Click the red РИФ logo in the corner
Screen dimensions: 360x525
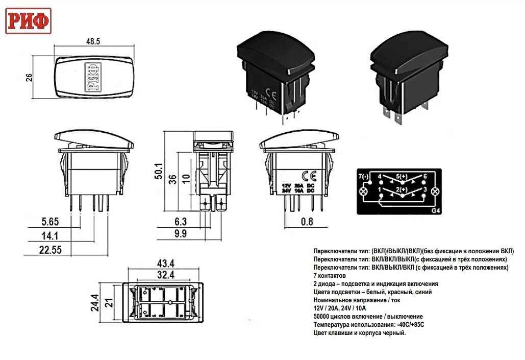point(29,21)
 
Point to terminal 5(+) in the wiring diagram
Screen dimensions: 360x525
point(403,177)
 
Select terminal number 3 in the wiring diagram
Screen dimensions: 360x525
point(425,190)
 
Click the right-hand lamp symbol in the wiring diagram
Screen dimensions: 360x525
point(435,191)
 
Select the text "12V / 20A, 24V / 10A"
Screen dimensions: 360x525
point(340,308)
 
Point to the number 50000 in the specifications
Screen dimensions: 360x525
point(324,317)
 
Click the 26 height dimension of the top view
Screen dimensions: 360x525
point(29,78)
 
